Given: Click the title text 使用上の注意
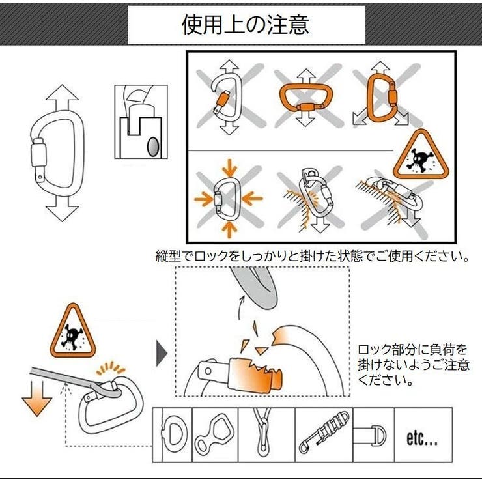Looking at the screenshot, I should point(246,25).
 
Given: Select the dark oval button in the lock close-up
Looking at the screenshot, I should point(152,146).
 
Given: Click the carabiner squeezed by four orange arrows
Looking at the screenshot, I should point(228,197).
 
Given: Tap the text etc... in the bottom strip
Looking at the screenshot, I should point(421,438).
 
